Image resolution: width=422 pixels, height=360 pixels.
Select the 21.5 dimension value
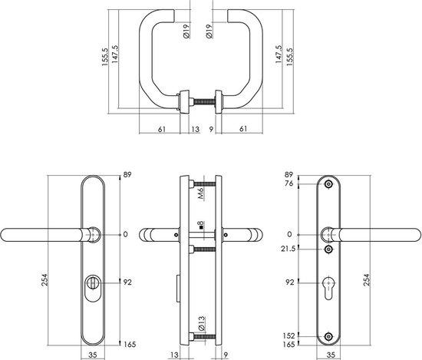[288, 249]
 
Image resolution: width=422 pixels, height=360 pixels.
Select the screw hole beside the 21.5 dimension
[329, 249]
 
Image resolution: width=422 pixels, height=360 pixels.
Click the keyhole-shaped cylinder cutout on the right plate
[329, 283]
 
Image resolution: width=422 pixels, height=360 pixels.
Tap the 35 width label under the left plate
[91, 355]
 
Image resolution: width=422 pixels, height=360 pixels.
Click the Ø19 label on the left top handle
[187, 33]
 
